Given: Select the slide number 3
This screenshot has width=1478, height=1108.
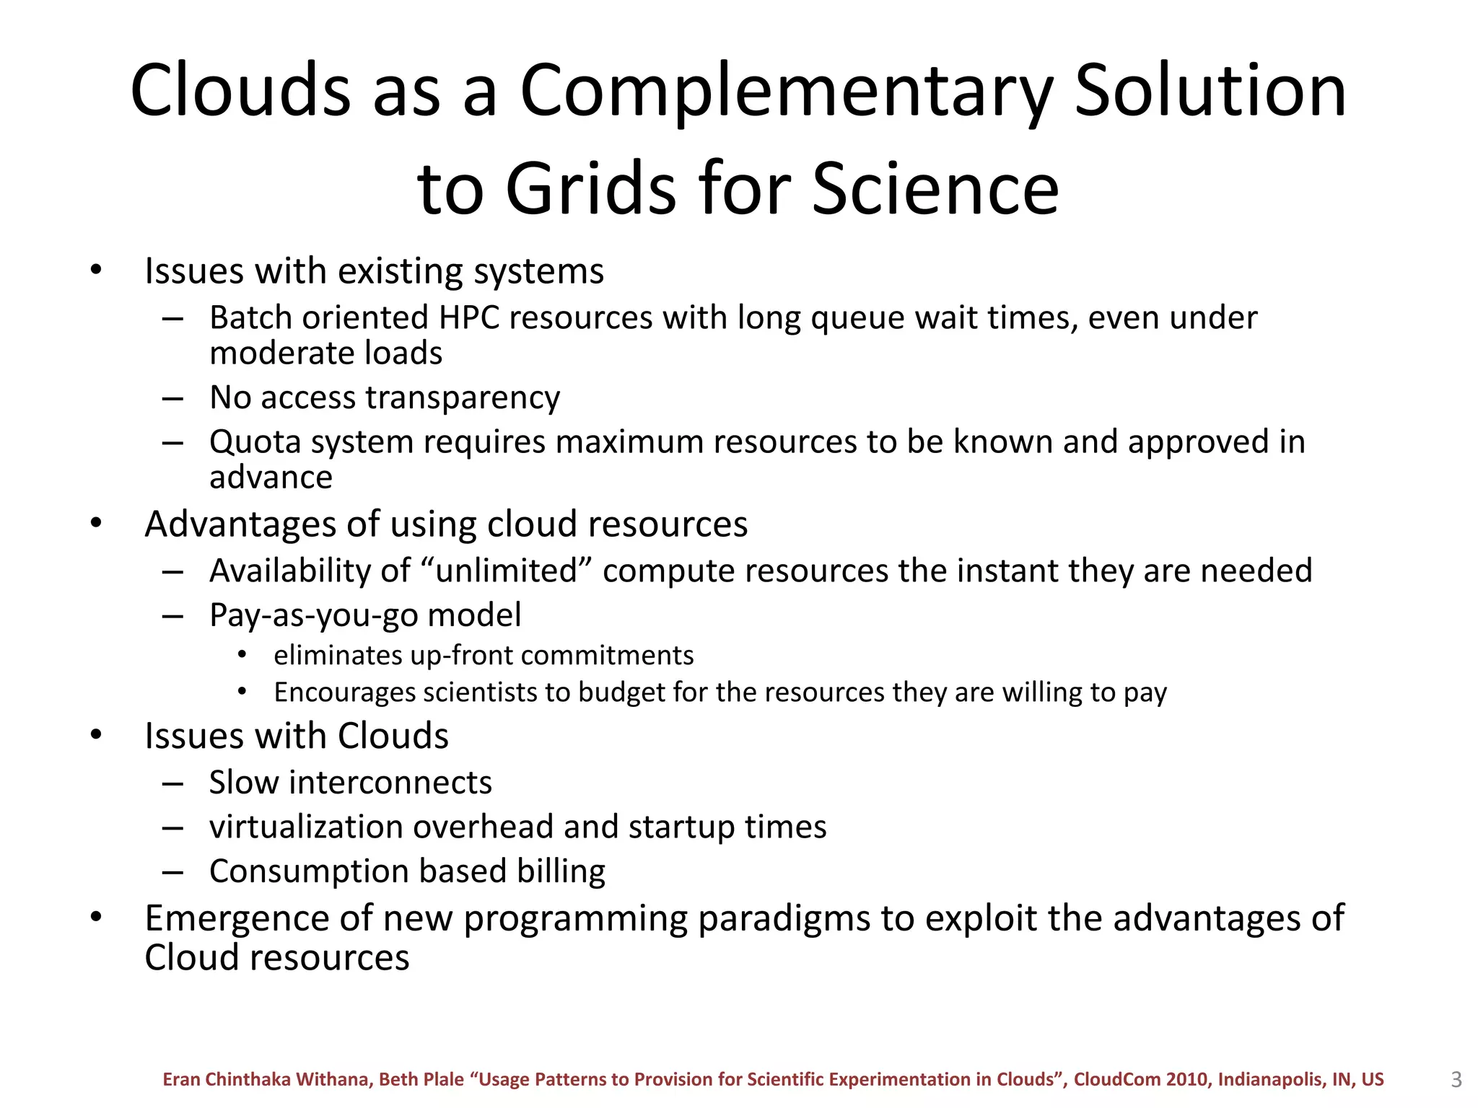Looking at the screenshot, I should click(1456, 1079).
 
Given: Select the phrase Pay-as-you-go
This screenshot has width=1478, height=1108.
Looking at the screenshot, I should click(313, 615).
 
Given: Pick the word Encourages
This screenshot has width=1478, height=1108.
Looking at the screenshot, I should click(344, 692).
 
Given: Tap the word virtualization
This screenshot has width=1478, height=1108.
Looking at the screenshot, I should click(305, 827).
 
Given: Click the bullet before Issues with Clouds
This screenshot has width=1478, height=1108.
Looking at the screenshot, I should click(96, 735).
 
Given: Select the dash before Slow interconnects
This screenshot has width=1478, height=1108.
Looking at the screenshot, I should click(172, 783).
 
